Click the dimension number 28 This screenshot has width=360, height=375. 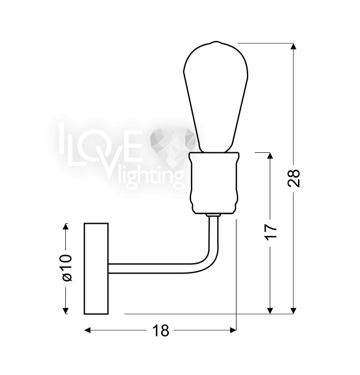point(294,178)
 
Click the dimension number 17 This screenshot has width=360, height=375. point(270,231)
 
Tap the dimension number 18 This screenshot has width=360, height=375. point(161,331)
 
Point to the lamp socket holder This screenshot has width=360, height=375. point(214,183)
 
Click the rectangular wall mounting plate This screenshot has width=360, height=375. point(96,269)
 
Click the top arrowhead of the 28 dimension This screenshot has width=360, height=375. point(294,47)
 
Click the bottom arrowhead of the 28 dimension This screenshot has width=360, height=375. point(294,311)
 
